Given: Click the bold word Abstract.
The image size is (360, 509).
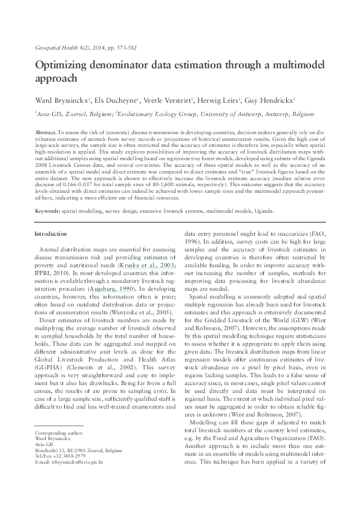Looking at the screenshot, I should point(47,131).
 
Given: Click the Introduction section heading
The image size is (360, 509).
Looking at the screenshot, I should point(51,233).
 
